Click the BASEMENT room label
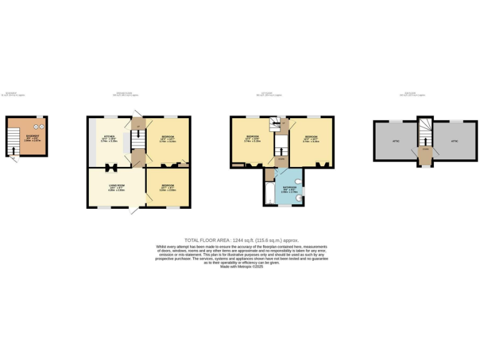pyautogui.click(x=32, y=136)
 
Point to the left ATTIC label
pyautogui.click(x=395, y=141)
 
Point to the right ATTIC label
pyautogui.click(x=454, y=141)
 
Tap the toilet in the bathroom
pyautogui.click(x=299, y=182)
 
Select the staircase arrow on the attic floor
pyautogui.click(x=426, y=133)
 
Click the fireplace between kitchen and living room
pyautogui.click(x=113, y=167)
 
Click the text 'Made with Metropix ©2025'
pyautogui.click(x=240, y=267)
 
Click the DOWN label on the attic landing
pyautogui.click(x=425, y=149)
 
